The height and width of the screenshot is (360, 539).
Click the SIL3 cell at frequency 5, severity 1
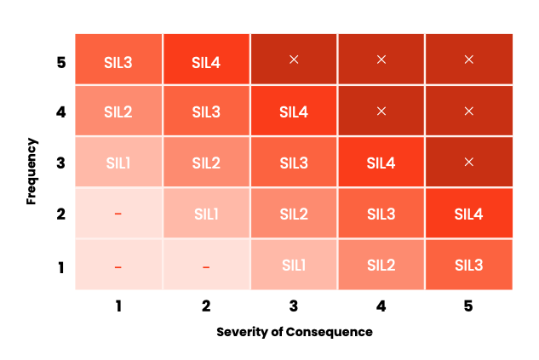118,60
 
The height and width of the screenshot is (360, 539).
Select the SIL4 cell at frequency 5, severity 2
206,60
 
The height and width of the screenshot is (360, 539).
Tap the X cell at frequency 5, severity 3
294,60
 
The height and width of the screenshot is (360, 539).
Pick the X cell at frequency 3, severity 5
469,162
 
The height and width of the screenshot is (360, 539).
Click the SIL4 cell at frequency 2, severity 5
469,214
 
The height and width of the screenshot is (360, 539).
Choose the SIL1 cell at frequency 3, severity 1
118,163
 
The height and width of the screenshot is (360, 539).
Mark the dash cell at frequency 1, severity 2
206,266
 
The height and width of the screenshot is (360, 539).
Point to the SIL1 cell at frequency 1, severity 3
294,265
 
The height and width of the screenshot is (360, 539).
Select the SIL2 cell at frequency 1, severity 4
381,265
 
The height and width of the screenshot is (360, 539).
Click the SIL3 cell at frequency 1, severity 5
469,265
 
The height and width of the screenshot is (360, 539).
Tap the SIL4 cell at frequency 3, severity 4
381,163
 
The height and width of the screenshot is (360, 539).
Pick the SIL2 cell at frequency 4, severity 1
118,111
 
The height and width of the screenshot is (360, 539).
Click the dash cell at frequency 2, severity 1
118,214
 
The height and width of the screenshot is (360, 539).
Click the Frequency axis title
32,163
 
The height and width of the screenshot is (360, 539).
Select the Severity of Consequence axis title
294,332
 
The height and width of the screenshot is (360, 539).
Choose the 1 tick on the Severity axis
118,306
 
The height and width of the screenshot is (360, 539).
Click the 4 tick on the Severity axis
381,306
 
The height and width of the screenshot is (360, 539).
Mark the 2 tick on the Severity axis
206,306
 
